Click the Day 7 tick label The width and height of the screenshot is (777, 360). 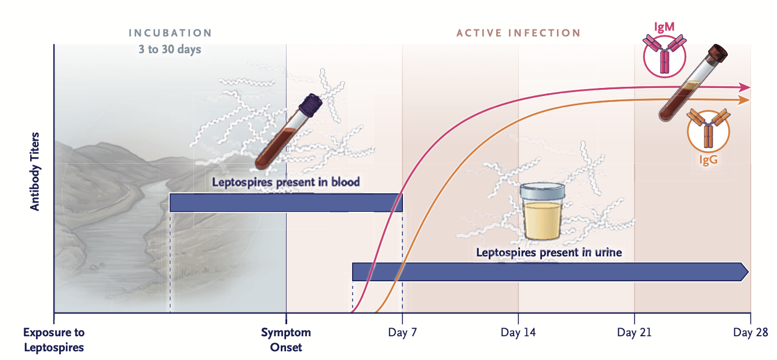point(402,332)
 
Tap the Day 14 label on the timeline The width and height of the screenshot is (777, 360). point(518,332)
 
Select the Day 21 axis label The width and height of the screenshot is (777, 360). point(634,332)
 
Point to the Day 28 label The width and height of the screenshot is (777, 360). point(750,332)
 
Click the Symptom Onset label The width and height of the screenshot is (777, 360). point(286,340)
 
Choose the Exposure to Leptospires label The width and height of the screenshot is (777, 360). point(54,340)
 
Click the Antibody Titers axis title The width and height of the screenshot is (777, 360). point(35,172)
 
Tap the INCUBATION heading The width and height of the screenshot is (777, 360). point(170,33)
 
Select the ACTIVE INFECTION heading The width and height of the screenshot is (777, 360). point(518,33)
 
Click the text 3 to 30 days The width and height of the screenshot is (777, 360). point(170,49)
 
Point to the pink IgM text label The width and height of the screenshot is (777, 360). point(664,27)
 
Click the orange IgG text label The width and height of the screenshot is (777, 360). point(708,160)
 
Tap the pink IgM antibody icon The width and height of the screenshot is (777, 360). point(664,56)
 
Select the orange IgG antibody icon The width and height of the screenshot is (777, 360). point(708,130)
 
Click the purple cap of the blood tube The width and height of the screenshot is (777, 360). point(310,104)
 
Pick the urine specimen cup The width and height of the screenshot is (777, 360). point(542,212)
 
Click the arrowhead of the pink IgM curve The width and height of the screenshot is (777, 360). point(745,87)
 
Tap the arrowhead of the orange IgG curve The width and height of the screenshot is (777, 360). point(743,100)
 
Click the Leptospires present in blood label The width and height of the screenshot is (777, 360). point(286,182)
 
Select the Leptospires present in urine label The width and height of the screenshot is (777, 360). point(549,252)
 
